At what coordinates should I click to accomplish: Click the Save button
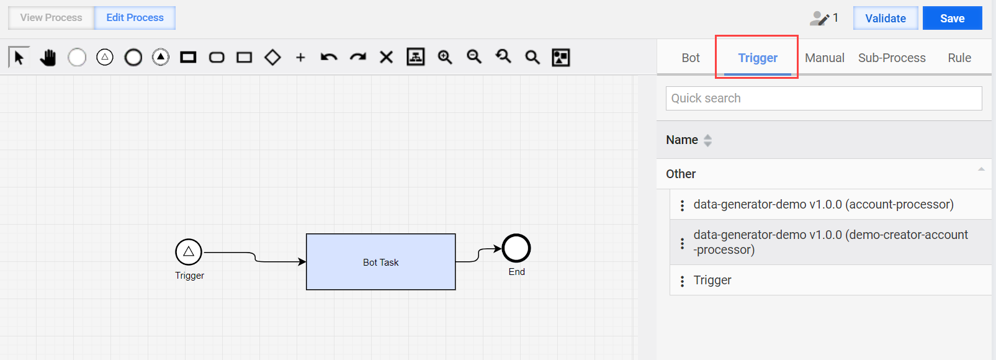click(952, 18)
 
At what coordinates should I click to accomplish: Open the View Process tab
click(51, 18)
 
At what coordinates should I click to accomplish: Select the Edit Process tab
click(135, 18)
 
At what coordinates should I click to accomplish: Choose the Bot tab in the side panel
click(691, 58)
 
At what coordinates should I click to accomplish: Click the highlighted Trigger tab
click(758, 58)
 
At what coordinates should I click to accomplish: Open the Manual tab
click(824, 58)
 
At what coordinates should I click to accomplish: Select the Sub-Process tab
click(892, 58)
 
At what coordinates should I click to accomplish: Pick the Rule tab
click(959, 58)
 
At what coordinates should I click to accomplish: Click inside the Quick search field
click(823, 98)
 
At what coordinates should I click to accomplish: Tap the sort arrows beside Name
click(707, 141)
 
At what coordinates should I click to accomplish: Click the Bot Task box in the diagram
click(380, 262)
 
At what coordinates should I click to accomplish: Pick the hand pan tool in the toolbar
click(48, 57)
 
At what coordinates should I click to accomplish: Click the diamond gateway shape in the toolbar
click(272, 57)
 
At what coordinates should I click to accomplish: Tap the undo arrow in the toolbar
click(329, 57)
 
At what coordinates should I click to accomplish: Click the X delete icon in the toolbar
click(387, 57)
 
